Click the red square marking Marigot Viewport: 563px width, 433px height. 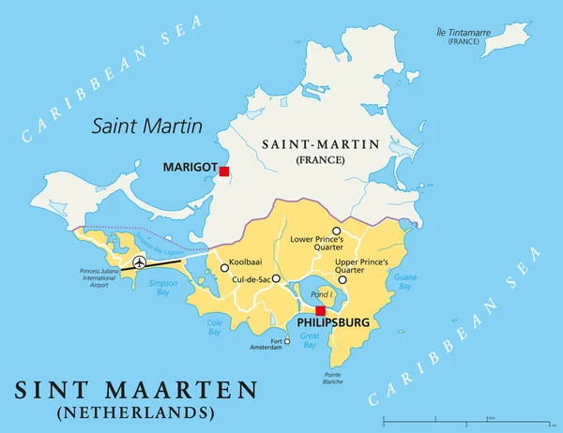point(224,171)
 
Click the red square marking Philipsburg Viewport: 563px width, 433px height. point(320,310)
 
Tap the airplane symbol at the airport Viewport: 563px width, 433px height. point(140,261)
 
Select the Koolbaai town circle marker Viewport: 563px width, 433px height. point(224,268)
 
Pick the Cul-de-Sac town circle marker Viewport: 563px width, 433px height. point(276,278)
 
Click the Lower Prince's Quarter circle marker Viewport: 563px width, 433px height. point(336,230)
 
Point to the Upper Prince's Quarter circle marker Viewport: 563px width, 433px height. point(342,279)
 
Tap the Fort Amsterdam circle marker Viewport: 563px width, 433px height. point(287,341)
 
